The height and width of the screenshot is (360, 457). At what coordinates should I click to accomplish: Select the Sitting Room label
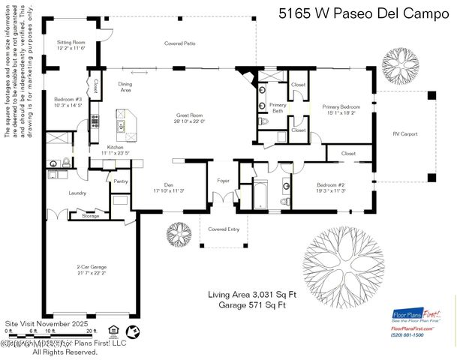pyautogui.click(x=71, y=45)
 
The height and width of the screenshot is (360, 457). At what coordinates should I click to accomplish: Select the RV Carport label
pyautogui.click(x=405, y=134)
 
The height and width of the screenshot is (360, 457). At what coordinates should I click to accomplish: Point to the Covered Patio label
pyautogui.click(x=180, y=43)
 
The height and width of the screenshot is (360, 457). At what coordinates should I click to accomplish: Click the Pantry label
pyautogui.click(x=121, y=181)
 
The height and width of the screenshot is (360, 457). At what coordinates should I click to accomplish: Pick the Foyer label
pyautogui.click(x=224, y=181)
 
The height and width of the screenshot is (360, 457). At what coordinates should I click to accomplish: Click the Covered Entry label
pyautogui.click(x=224, y=229)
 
